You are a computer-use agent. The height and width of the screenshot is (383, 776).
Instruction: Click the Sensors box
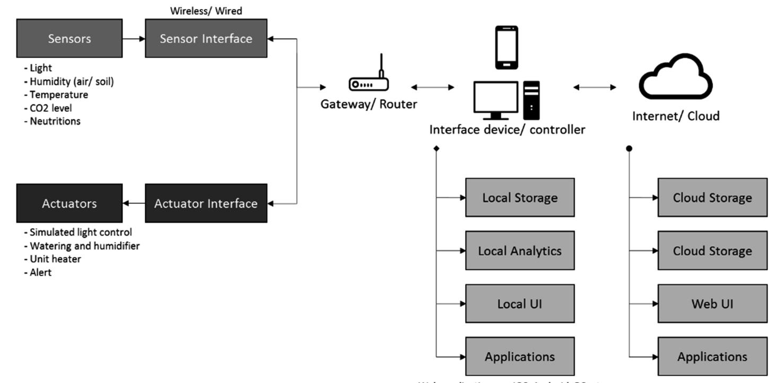(x=69, y=38)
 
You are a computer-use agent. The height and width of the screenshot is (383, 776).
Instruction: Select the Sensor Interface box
(x=206, y=38)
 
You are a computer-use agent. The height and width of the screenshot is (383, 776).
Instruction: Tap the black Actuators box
(x=69, y=203)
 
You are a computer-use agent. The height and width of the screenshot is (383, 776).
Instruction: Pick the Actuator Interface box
(x=206, y=203)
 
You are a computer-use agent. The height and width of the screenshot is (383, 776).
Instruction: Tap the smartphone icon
(x=506, y=48)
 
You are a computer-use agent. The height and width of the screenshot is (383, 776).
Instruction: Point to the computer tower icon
(x=531, y=100)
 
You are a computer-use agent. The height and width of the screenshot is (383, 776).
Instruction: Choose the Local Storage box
(x=520, y=198)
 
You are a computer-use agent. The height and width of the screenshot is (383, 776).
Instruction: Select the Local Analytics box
(x=520, y=251)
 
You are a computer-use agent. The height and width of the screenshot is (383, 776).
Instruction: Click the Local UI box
(x=520, y=304)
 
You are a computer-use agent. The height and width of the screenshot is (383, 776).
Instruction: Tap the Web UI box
(x=712, y=304)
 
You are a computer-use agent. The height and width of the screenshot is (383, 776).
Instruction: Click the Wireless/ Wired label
(x=206, y=11)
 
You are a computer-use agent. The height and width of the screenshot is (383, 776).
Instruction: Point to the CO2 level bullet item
(x=51, y=108)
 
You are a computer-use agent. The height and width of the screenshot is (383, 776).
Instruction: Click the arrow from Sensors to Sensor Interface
(x=134, y=38)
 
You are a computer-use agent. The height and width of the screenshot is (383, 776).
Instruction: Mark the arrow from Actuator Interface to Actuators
(x=134, y=203)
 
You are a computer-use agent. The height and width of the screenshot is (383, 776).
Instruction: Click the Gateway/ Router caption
(x=369, y=104)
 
